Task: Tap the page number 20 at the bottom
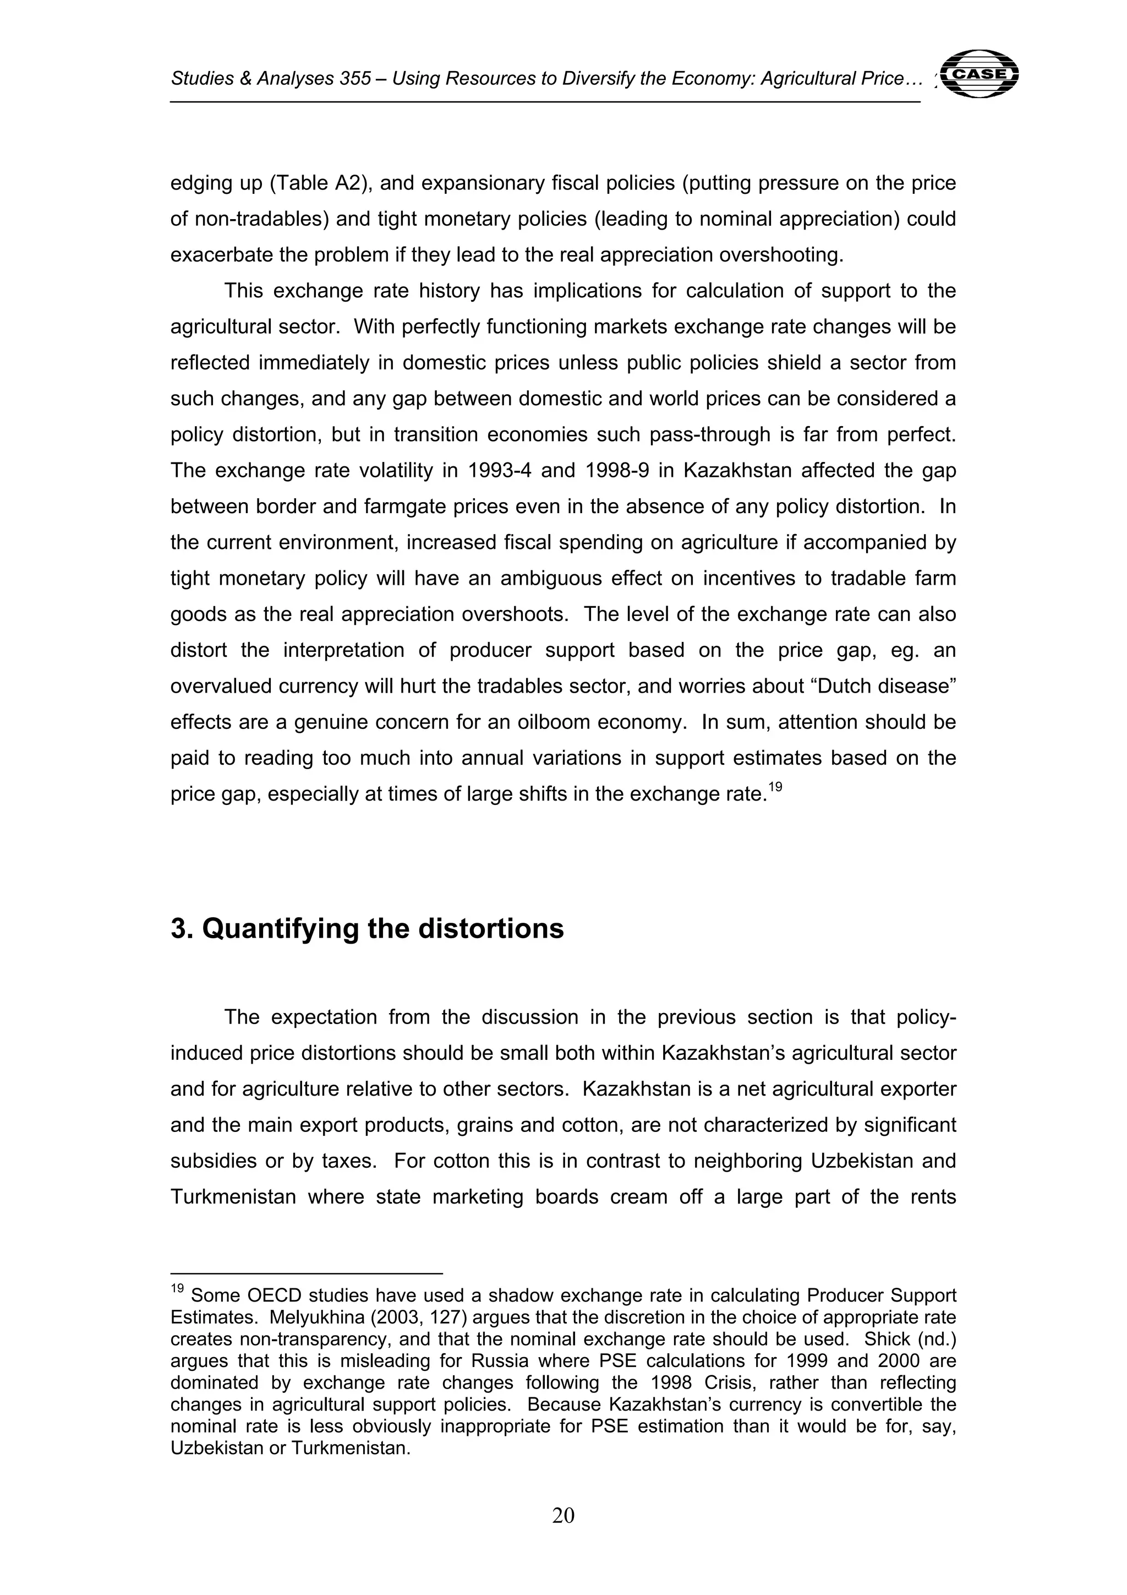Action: pos(563,1515)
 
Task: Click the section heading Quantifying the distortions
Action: pos(368,929)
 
